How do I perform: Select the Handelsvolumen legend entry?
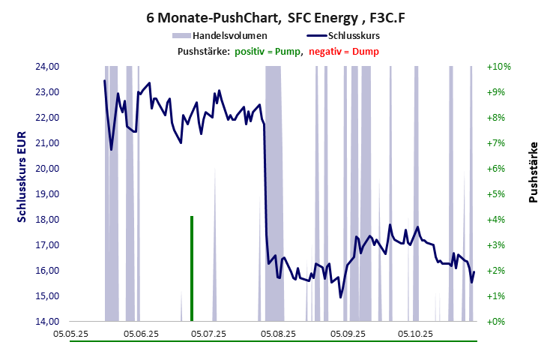click(220, 35)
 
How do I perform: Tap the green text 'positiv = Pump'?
click(268, 51)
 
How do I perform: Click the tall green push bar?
click(192, 268)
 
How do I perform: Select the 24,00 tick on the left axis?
click(47, 67)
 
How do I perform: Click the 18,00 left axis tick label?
click(47, 220)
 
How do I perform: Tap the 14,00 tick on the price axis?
click(47, 322)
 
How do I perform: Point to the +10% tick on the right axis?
click(498, 67)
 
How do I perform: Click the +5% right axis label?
click(498, 194)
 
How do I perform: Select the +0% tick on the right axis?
click(498, 322)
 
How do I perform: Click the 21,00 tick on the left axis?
click(47, 143)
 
